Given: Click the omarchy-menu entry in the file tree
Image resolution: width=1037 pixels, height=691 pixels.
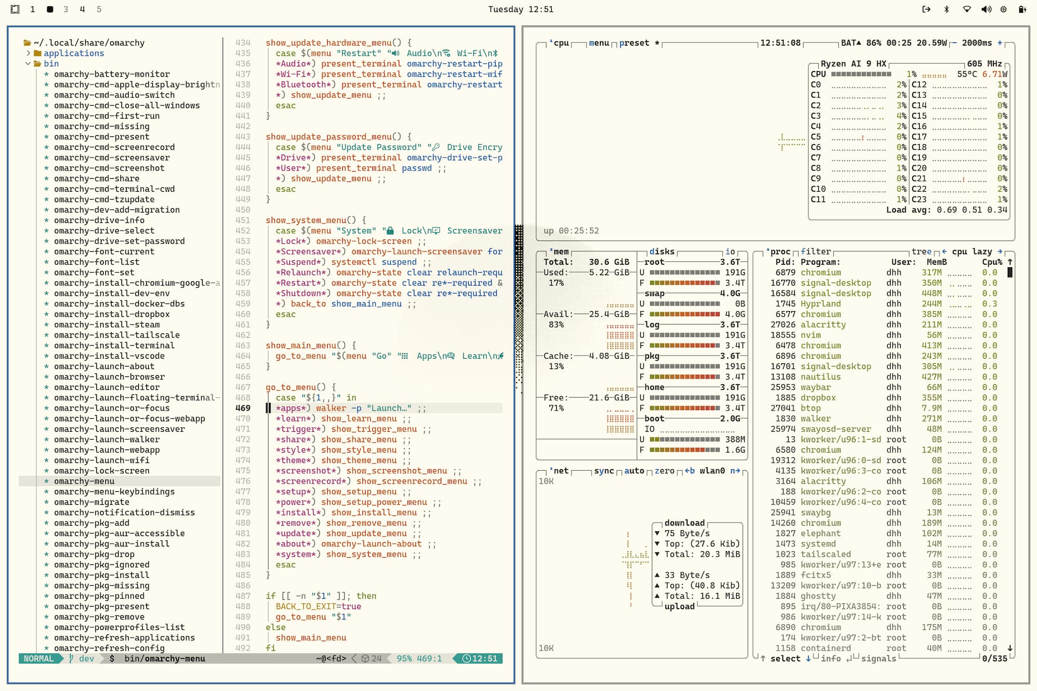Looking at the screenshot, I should pos(84,481).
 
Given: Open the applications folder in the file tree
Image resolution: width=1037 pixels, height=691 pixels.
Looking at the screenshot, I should pos(74,53).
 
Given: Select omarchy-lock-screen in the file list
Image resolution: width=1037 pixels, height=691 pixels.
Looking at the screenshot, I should pos(102,471).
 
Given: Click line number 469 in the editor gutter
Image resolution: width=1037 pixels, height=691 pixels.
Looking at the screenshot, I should pos(243,408).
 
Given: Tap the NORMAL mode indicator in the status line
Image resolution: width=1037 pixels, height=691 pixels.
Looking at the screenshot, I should pos(39,658).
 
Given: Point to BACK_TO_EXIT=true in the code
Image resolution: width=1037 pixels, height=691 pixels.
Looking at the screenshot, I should pos(318,607).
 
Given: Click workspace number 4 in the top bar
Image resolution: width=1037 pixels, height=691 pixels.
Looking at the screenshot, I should pos(82,9).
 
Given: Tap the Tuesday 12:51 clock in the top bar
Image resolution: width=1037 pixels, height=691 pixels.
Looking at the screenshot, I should pos(521,9).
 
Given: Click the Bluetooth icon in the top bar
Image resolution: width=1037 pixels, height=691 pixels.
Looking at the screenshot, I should pos(946,9).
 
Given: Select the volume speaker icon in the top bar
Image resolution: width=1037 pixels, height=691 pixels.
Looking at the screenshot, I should pos(986,9).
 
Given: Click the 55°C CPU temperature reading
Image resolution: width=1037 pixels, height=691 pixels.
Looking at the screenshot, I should pos(967,74).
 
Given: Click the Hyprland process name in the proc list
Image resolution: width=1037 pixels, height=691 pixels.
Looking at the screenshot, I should pos(820,304).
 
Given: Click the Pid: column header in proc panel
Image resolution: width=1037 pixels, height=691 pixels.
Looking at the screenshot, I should pos(785,262).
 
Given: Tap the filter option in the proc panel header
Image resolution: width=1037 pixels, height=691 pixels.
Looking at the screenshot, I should pos(816,251).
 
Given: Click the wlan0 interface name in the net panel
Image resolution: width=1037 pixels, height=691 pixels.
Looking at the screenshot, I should pos(712,471).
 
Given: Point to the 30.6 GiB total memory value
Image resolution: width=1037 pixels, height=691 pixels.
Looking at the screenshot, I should pos(609,262).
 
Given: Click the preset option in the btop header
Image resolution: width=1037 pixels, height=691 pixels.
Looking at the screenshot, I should pos(634,43).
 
